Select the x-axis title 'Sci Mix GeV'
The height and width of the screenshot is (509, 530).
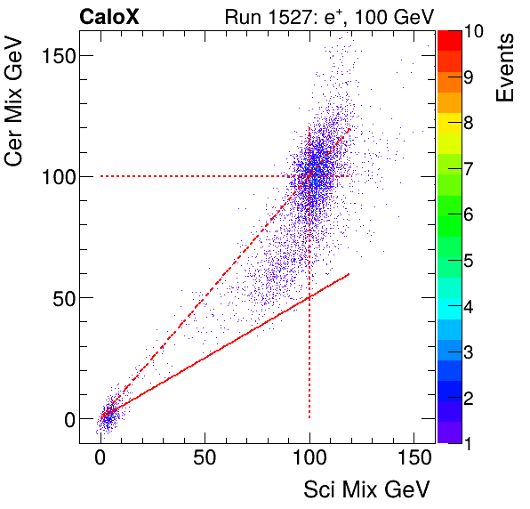366,489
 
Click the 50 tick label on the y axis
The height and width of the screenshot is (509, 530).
62,297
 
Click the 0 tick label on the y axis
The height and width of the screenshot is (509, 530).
68,418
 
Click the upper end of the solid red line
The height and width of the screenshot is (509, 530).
349,273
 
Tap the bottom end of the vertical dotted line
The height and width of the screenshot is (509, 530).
309,417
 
